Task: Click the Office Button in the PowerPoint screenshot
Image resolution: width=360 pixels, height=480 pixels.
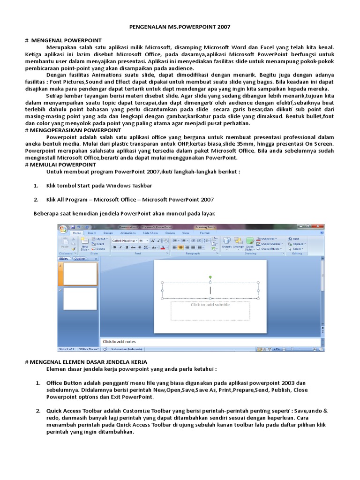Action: click(63, 228)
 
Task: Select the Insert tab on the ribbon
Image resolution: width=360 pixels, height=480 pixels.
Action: click(92, 232)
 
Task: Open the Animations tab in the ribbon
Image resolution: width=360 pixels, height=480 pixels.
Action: click(128, 232)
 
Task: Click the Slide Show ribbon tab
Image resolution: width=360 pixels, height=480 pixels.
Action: click(150, 232)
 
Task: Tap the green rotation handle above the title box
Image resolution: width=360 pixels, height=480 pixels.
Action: click(210, 277)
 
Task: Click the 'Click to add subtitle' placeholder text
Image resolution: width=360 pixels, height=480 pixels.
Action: click(210, 305)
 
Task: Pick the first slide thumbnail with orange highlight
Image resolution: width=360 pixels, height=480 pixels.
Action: click(80, 274)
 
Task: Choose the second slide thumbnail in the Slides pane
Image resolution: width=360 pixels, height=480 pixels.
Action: click(80, 299)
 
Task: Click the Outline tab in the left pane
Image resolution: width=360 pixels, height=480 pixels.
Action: click(80, 258)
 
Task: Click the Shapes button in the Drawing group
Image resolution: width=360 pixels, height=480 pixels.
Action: click(227, 242)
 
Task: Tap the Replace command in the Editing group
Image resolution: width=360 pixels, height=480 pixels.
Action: click(298, 244)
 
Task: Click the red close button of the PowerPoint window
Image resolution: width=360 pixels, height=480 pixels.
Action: click(322, 227)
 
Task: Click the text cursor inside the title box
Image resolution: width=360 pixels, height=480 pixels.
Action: click(210, 291)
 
